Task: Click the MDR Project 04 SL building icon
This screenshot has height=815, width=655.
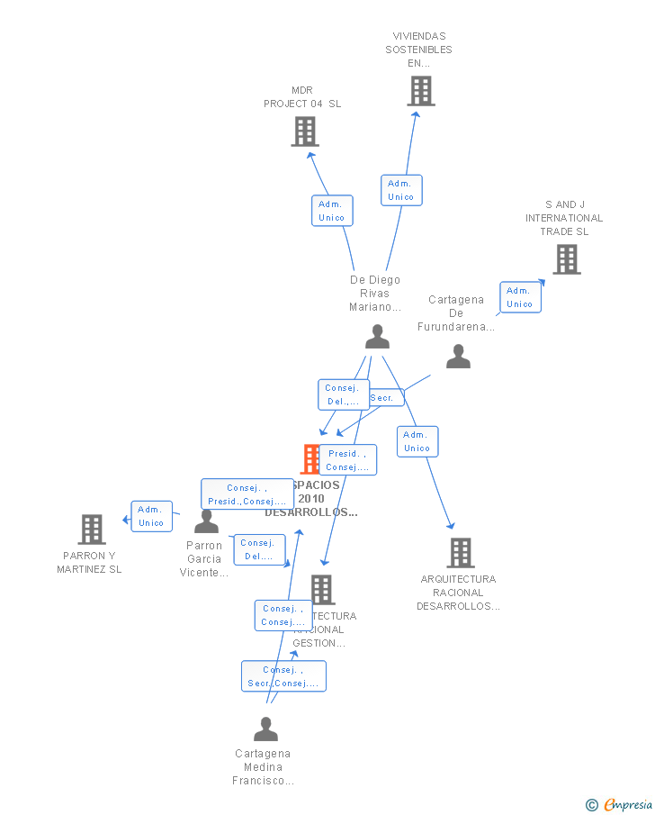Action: click(305, 131)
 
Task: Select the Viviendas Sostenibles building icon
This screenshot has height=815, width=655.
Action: click(420, 91)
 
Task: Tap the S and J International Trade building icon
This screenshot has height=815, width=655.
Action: click(566, 259)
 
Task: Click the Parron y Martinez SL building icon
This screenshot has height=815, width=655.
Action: click(92, 530)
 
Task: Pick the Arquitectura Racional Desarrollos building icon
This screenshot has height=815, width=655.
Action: click(460, 552)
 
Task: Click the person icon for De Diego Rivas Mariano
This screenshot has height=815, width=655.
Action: click(377, 337)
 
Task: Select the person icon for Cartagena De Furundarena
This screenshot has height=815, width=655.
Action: click(458, 358)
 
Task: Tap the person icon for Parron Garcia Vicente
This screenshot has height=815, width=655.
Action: click(207, 521)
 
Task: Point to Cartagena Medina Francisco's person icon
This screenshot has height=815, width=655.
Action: click(265, 729)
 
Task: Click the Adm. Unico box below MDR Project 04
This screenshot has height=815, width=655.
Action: click(332, 211)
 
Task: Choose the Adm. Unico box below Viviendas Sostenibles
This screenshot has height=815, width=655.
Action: click(401, 190)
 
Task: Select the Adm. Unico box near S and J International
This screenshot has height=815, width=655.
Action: click(520, 297)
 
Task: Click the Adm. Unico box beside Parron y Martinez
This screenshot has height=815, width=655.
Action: click(151, 516)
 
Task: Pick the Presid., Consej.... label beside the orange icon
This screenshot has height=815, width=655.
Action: click(347, 460)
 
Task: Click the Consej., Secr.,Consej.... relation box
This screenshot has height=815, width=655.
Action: click(283, 676)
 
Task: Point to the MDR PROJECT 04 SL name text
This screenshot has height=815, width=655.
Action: click(302, 97)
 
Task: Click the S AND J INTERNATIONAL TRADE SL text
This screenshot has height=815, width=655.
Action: click(564, 218)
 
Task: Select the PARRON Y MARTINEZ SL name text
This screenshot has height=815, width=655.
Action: click(89, 562)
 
